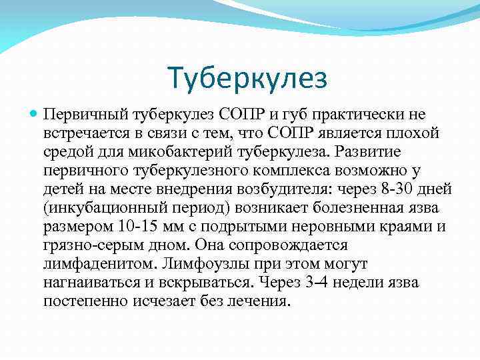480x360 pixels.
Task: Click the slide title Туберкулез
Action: [247, 78]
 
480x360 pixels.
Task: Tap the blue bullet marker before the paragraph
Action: [35, 115]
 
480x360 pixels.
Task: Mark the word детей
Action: [63, 189]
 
